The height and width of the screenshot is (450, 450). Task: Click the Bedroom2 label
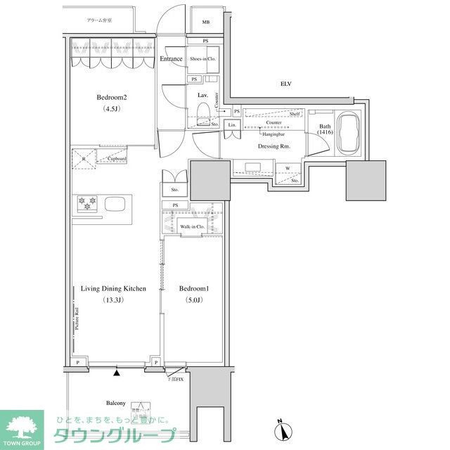(x=112, y=98)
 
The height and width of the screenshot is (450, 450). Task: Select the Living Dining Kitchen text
(x=113, y=289)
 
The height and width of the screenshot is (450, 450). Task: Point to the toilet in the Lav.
(x=202, y=112)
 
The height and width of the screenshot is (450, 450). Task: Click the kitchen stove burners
(x=87, y=204)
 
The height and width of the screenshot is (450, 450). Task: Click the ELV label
(x=285, y=84)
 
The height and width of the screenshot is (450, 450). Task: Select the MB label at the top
(x=206, y=22)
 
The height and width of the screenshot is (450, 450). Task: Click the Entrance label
(x=171, y=59)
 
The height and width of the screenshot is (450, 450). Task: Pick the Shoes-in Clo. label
(x=203, y=59)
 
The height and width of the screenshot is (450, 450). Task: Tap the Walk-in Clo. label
(x=192, y=227)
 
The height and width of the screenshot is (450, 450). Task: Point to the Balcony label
(x=115, y=403)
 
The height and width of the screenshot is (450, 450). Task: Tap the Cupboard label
(x=117, y=159)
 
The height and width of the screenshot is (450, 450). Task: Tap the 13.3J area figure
(x=113, y=300)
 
